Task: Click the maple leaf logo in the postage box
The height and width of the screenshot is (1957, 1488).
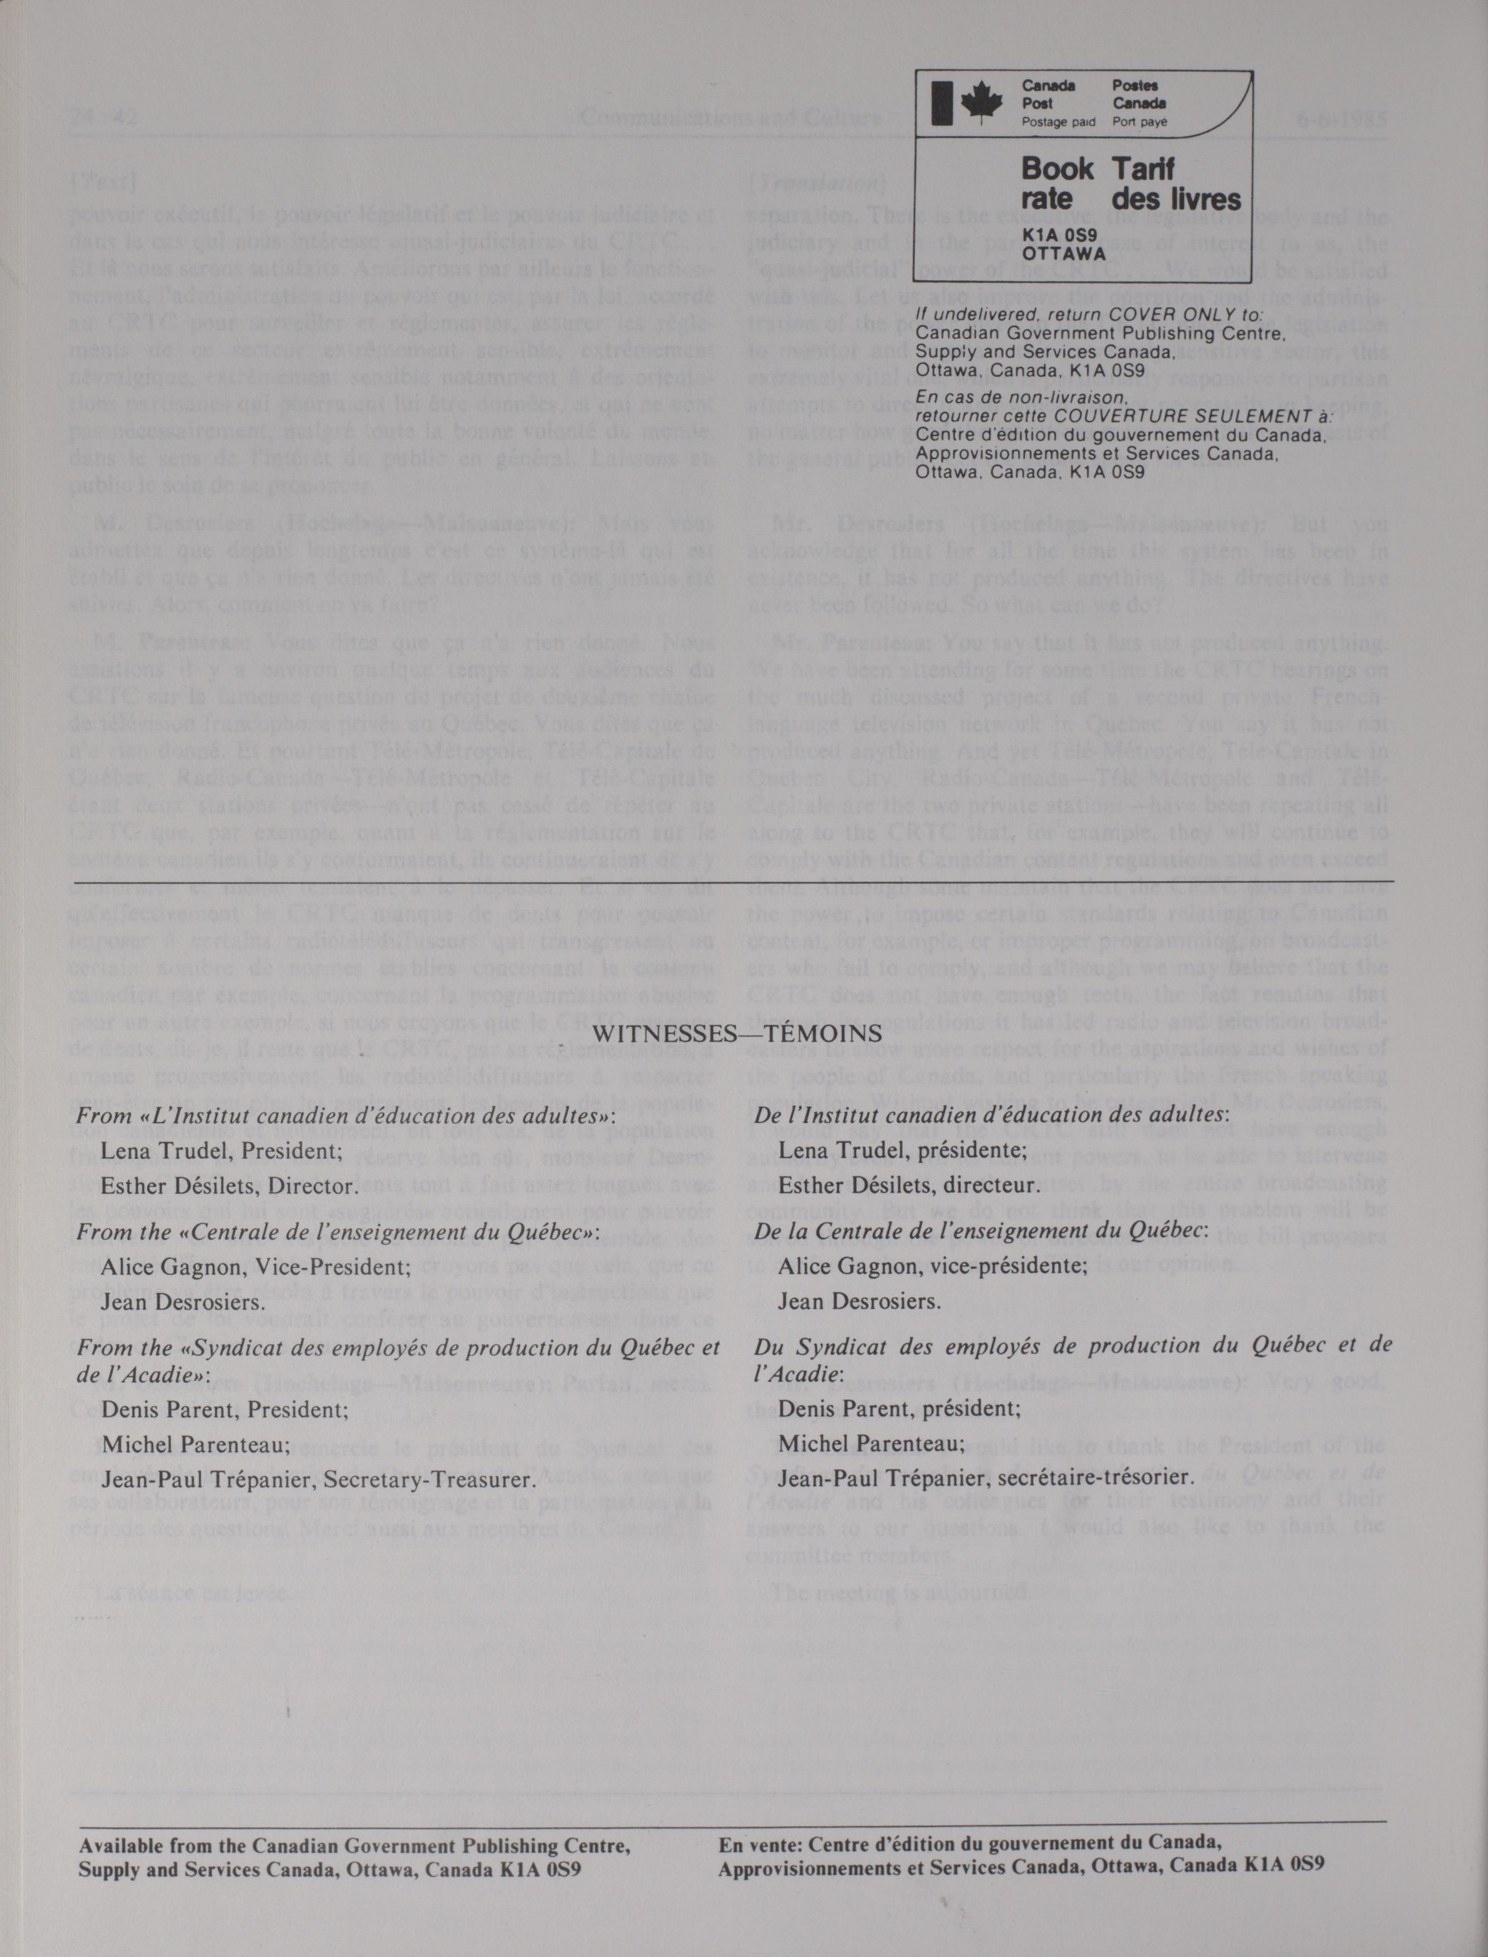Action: pos(980,103)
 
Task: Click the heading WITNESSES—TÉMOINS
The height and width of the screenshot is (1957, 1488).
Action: pos(737,1033)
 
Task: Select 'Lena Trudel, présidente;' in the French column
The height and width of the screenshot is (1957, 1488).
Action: pos(903,1150)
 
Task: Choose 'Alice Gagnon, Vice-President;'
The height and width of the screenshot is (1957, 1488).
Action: pos(256,1266)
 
